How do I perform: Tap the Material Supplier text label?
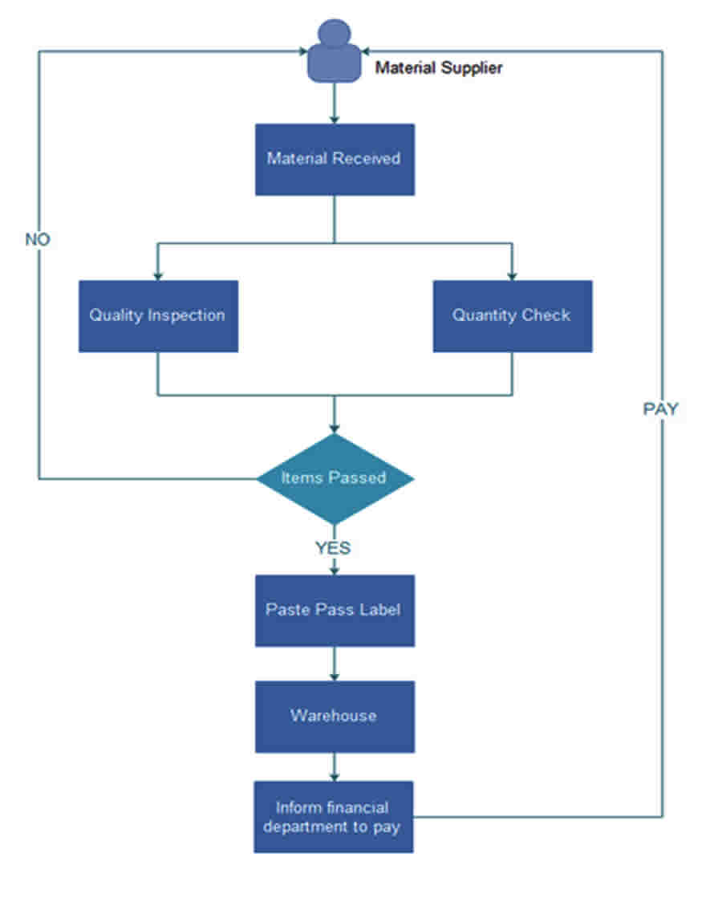coord(439,68)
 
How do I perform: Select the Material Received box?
coord(335,160)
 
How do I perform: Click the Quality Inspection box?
coord(158,316)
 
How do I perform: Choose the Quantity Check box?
coord(513,316)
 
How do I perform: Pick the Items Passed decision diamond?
coord(335,479)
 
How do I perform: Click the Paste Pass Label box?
coord(335,611)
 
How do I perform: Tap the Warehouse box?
coord(335,717)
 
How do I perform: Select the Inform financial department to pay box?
coord(334,817)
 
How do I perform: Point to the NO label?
coord(38,239)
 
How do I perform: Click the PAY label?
coord(660,409)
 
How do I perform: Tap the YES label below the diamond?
coord(333,548)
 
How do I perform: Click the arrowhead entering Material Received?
coord(334,120)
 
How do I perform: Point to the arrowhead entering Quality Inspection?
coord(158,277)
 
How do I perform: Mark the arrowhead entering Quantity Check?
coord(512,277)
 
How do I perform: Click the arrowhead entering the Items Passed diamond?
coord(334,429)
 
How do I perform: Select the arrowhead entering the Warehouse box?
coord(334,677)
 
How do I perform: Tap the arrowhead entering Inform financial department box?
coord(334,777)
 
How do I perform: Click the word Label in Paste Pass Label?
coord(379,609)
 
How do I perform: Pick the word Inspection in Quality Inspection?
coord(186,315)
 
